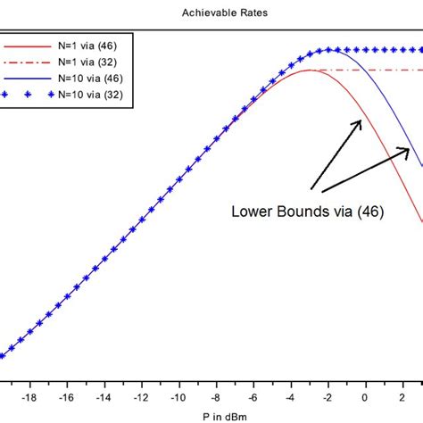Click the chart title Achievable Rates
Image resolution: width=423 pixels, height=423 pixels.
pyautogui.click(x=211, y=13)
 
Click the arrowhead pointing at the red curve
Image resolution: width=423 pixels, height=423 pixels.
pyautogui.click(x=360, y=122)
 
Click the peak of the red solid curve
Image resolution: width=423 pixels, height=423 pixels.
pyautogui.click(x=309, y=70)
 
